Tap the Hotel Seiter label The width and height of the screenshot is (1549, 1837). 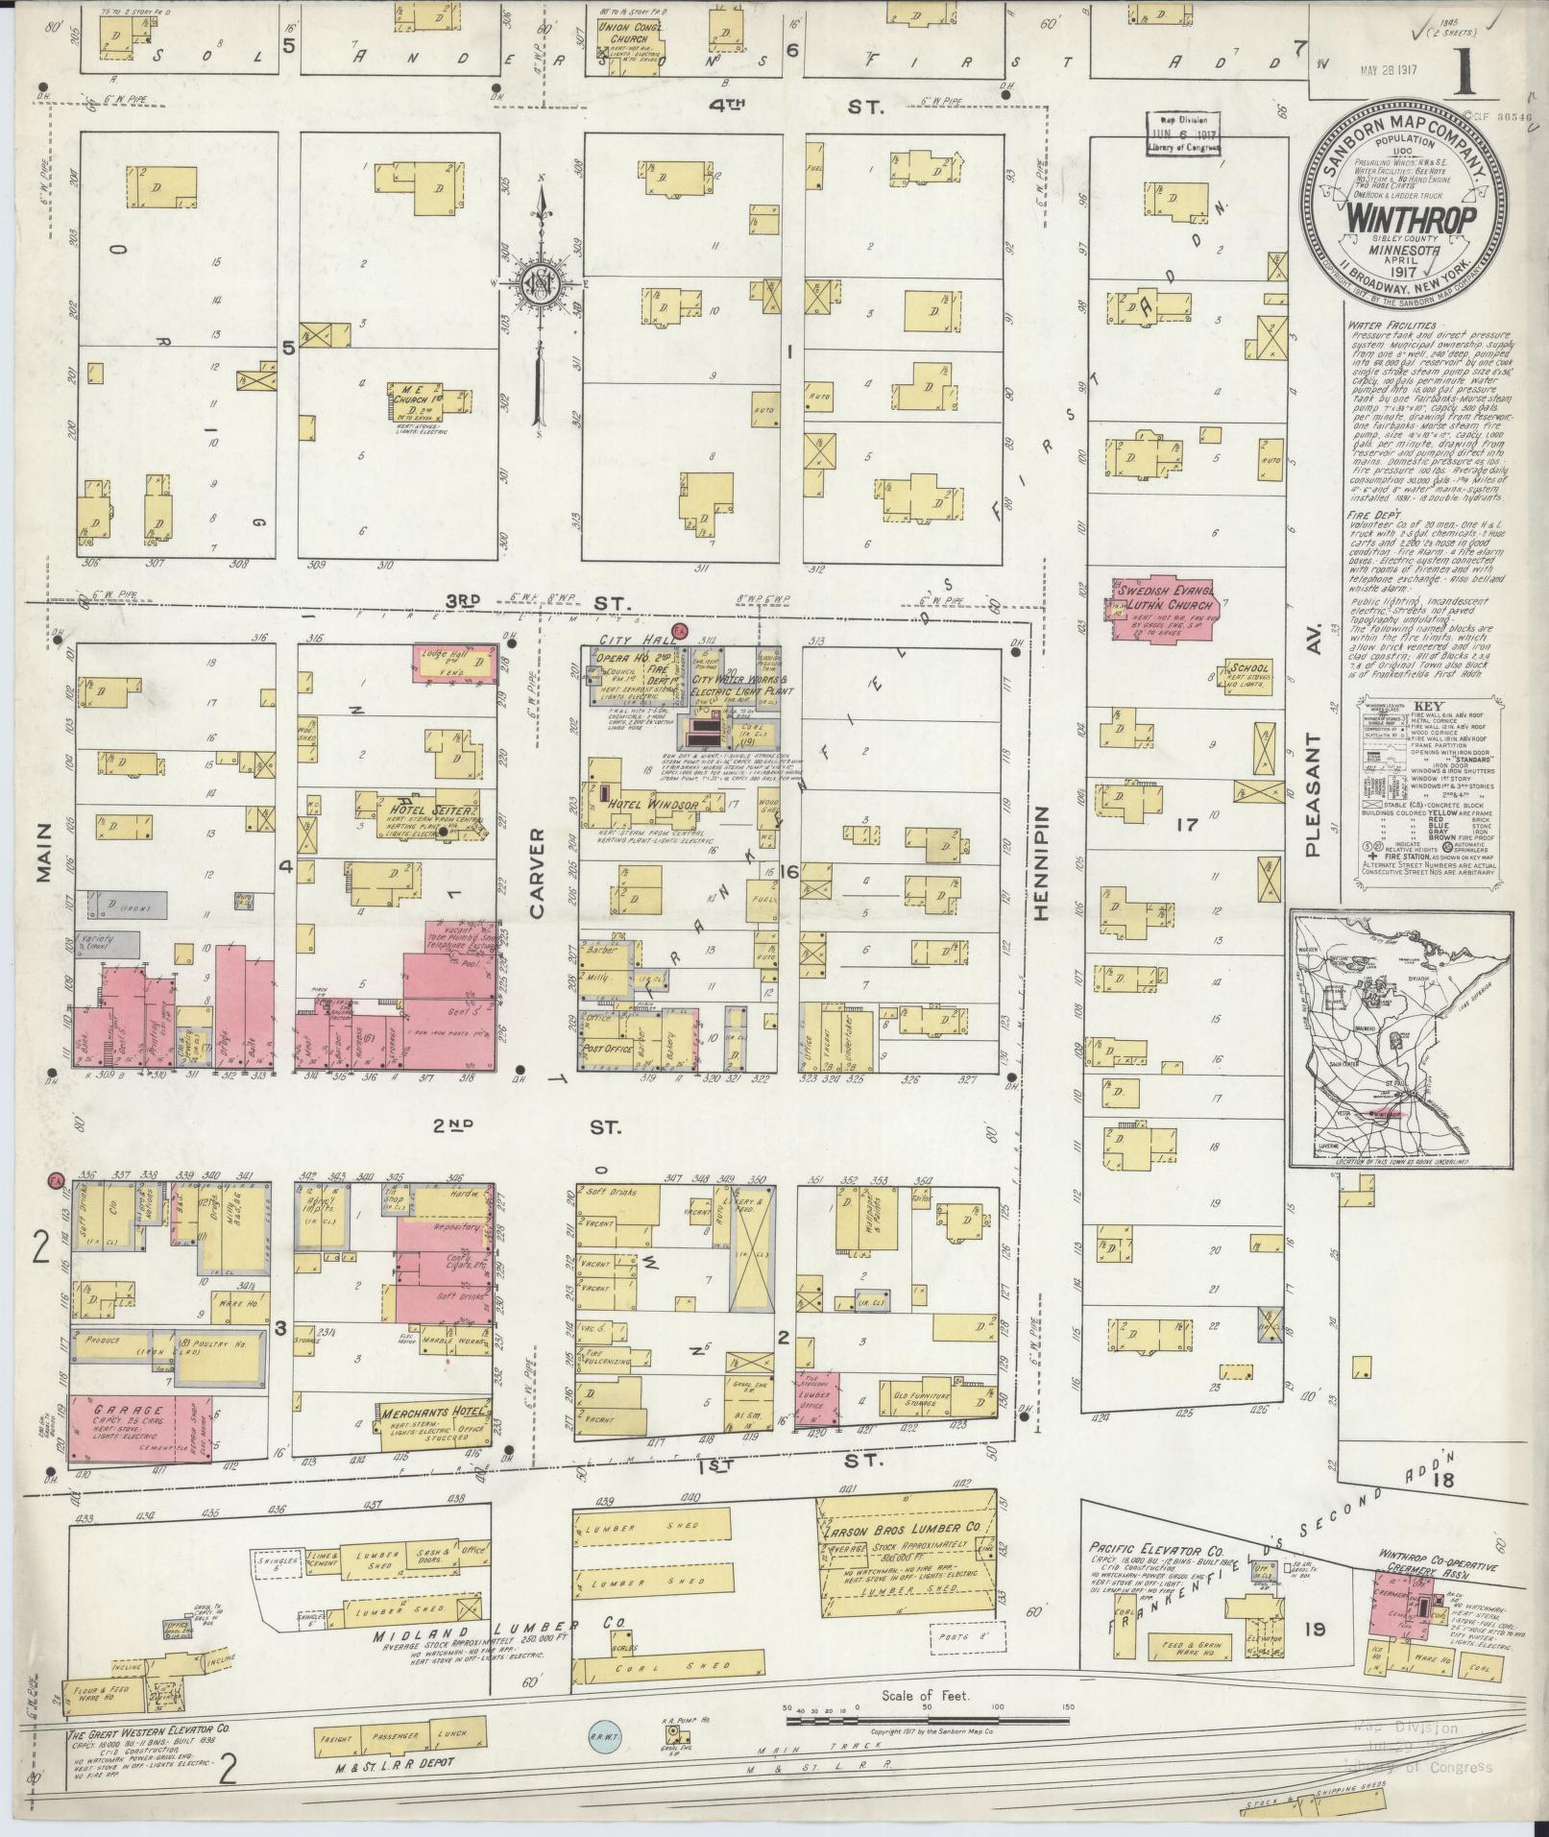coord(423,810)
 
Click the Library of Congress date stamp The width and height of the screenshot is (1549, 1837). coord(1182,134)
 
